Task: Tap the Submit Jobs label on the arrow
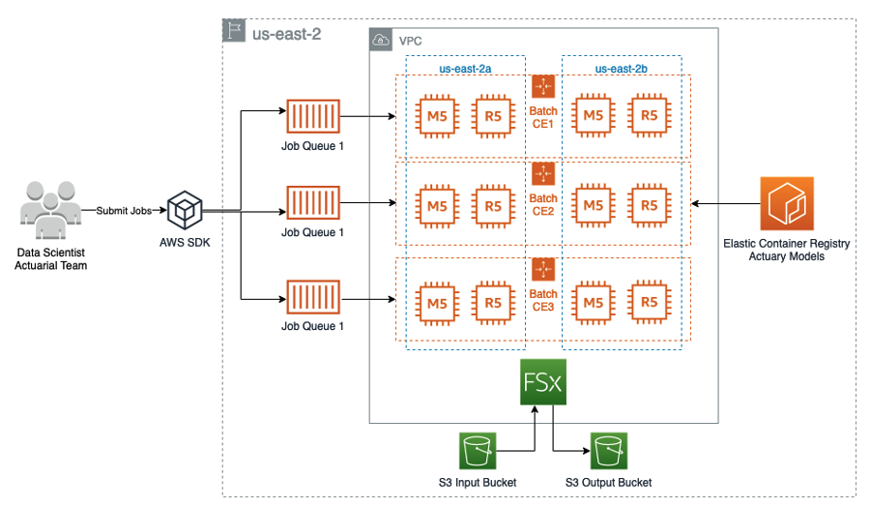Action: [x=124, y=210]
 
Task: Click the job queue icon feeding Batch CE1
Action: [x=311, y=117]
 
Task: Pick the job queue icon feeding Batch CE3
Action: [x=311, y=298]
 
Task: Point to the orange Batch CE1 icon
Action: [x=543, y=86]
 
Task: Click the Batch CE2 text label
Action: [x=543, y=205]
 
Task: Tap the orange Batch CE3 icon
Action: [x=543, y=268]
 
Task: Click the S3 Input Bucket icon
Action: [x=477, y=451]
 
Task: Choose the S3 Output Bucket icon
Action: [x=609, y=451]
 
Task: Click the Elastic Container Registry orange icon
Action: [x=786, y=203]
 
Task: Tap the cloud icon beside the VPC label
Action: [x=382, y=41]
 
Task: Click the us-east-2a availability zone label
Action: [x=465, y=69]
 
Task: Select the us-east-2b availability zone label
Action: [x=621, y=69]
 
